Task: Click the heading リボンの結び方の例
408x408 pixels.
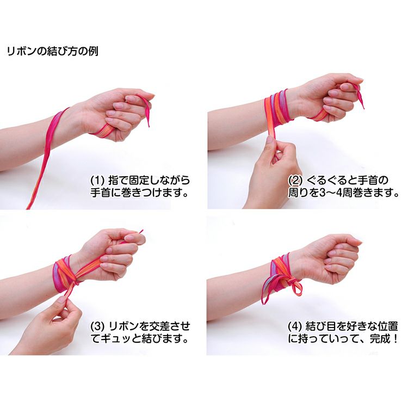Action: click(x=53, y=51)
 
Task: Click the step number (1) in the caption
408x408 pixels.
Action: click(x=97, y=180)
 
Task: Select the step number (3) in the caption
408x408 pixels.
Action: click(x=97, y=326)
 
